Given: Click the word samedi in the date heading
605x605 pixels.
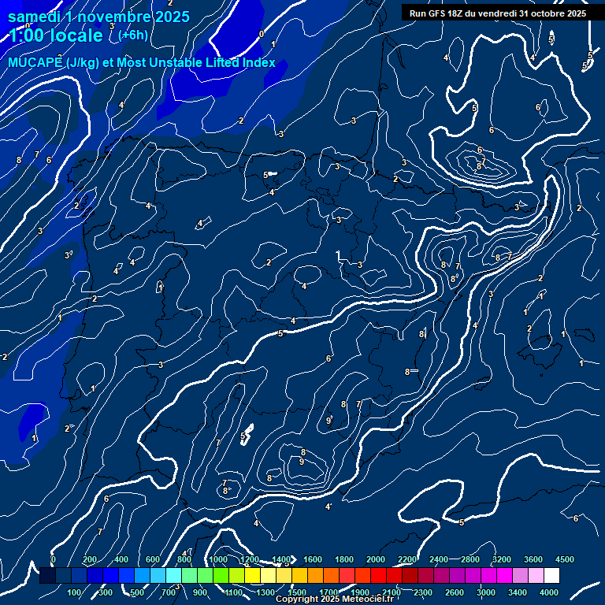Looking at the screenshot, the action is (34, 17).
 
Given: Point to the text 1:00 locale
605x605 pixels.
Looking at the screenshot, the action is (55, 35).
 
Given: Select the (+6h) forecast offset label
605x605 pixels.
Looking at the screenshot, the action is (133, 35).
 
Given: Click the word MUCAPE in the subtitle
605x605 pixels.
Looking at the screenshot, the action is (35, 62).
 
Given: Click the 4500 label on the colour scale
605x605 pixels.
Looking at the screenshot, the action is (564, 559).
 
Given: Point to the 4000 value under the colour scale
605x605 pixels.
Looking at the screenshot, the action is (549, 592).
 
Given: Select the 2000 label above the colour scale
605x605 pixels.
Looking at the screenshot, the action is (377, 559).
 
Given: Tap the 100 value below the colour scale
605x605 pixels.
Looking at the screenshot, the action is (75, 592).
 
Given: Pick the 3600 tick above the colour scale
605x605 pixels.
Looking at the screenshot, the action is (533, 559).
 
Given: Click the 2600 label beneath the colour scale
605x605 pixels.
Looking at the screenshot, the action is (455, 592).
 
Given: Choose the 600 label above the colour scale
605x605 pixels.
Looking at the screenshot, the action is (153, 559).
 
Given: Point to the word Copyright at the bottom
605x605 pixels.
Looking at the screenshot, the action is (295, 599).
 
